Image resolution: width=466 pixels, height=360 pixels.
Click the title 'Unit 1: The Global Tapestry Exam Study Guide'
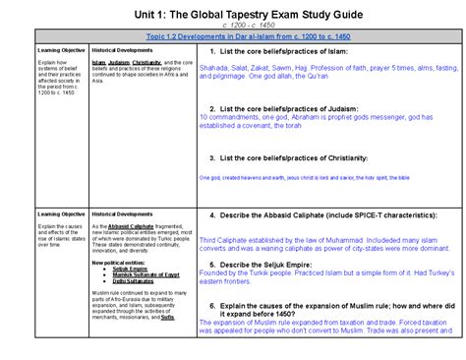pos(233,13)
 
